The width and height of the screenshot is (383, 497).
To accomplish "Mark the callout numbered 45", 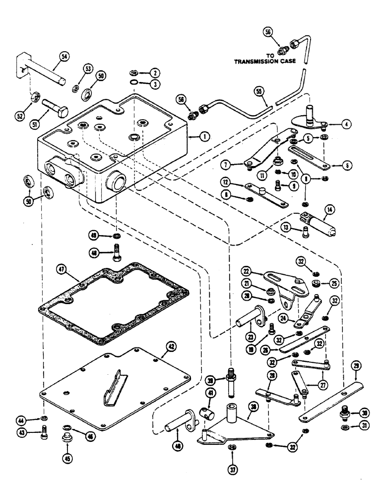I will click(x=66, y=444).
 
